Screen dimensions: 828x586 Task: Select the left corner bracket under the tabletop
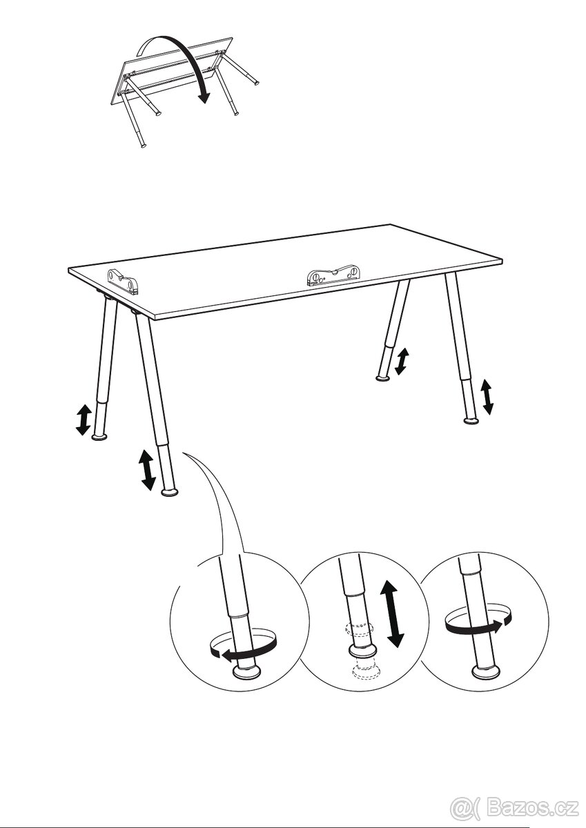122,282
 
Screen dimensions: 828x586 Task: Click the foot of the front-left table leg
169,492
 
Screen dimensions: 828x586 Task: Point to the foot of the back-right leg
383,377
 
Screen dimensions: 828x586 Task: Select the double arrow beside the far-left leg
83,420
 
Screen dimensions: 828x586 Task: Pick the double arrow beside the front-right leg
487,397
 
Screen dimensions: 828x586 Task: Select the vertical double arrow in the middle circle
391,613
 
